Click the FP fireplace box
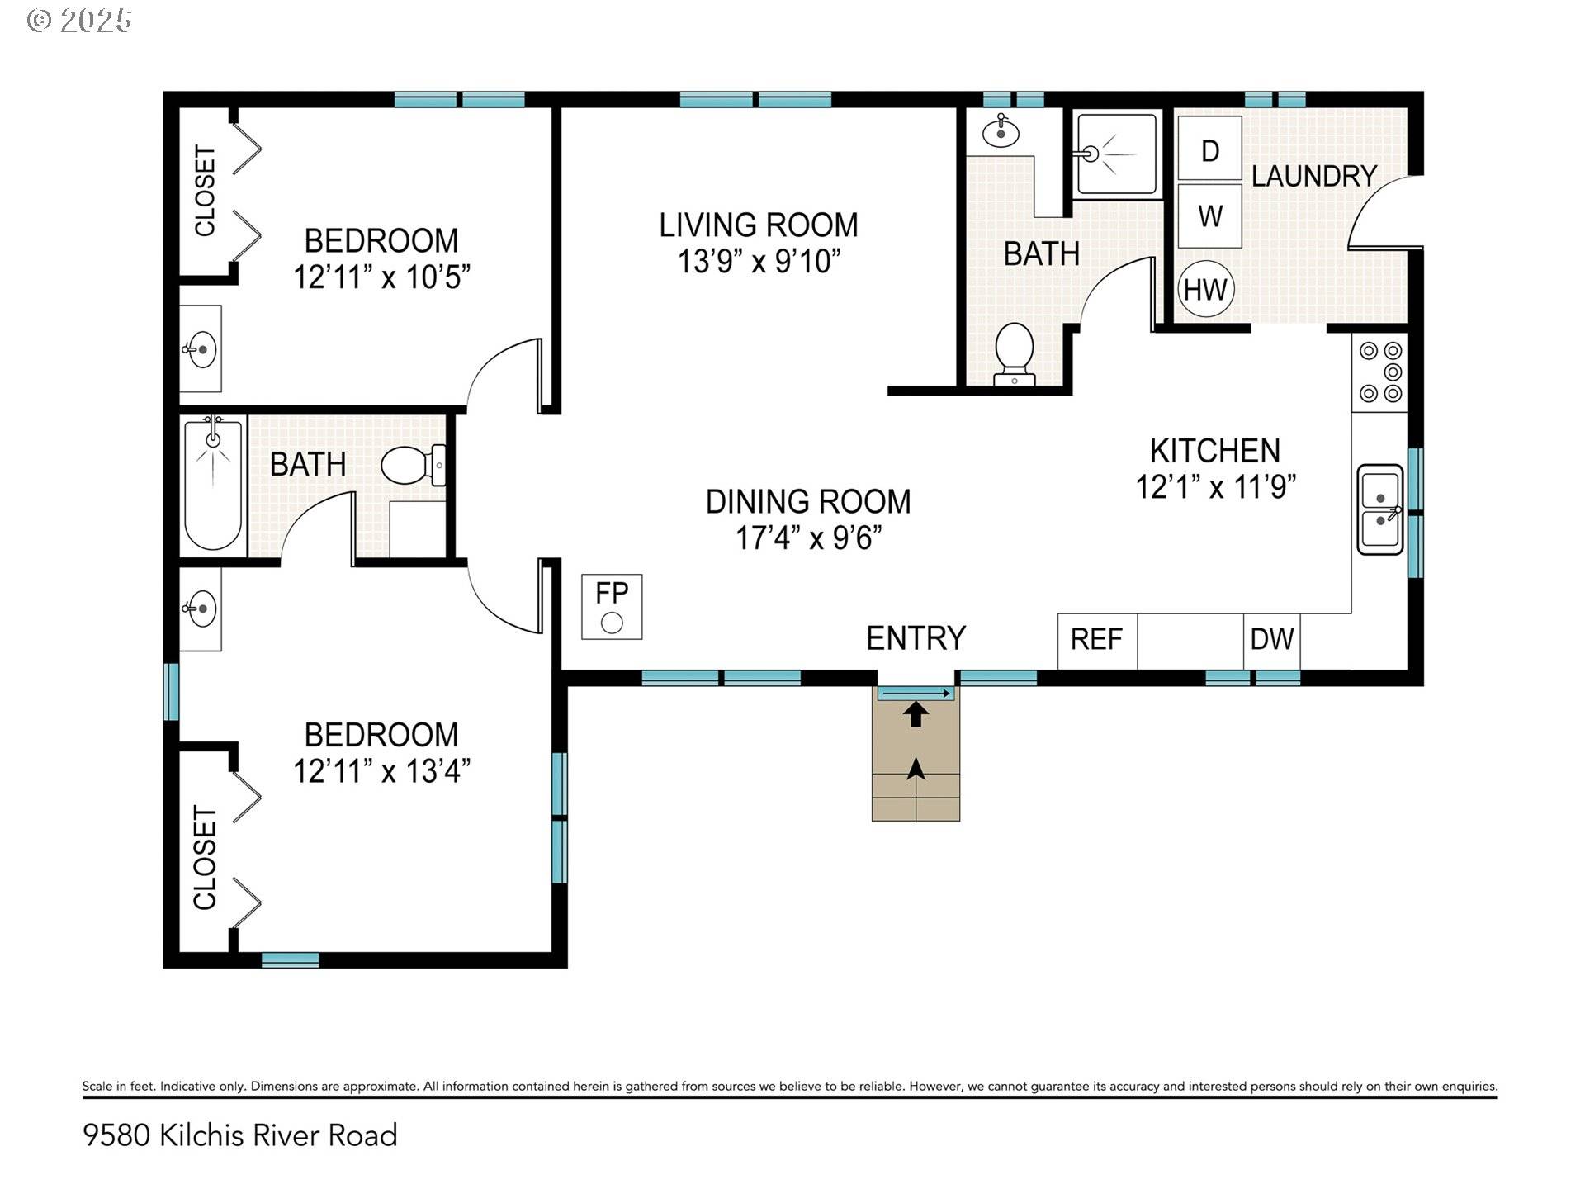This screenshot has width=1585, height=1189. (612, 607)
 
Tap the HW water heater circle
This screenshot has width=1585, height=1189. (1205, 290)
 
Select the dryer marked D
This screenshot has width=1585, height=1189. (1210, 149)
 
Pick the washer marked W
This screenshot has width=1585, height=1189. (1210, 216)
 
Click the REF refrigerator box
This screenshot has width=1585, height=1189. (1097, 641)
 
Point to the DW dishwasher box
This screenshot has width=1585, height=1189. (1272, 641)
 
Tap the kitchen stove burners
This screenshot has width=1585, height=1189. (1380, 372)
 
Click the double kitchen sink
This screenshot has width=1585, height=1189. (1380, 509)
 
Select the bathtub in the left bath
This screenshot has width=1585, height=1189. (213, 485)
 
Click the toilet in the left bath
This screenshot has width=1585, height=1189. (414, 466)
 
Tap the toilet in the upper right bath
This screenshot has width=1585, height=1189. (1015, 354)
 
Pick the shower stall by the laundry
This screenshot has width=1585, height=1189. (1116, 154)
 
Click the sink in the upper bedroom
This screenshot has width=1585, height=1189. (201, 349)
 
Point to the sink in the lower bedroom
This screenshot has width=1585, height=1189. (201, 609)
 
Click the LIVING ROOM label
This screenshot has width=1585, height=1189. (759, 225)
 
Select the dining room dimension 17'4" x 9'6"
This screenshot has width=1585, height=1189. (809, 538)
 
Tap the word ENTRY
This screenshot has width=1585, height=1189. (916, 638)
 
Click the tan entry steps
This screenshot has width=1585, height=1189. (916, 754)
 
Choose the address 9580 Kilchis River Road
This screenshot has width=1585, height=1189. (240, 1135)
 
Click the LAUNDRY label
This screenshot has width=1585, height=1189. (1314, 176)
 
